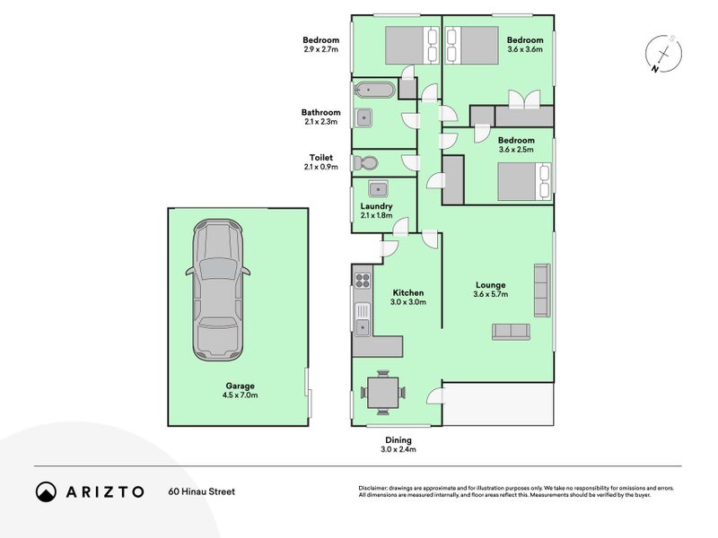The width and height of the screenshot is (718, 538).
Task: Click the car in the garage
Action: point(217,290)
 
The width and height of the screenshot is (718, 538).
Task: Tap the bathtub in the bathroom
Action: point(374,90)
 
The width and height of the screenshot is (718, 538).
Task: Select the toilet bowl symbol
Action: point(365,162)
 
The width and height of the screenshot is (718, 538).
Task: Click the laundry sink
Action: point(379,188)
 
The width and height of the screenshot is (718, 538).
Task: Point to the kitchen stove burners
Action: point(363,280)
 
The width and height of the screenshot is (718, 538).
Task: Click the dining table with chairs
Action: point(383,393)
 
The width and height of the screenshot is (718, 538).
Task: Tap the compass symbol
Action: point(663,54)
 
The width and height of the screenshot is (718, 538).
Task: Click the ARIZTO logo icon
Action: point(46,491)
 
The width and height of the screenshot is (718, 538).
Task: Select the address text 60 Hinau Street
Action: point(201,491)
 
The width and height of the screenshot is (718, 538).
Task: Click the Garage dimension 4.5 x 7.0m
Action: point(240,395)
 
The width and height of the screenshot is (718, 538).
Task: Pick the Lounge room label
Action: point(490,284)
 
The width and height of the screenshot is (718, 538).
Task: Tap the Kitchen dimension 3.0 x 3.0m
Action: point(408,302)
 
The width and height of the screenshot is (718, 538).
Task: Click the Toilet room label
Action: point(321,158)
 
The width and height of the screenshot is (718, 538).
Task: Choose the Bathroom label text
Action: point(321,112)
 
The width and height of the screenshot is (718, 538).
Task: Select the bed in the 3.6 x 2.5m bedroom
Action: point(524,181)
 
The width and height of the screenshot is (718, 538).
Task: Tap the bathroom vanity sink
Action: point(363,118)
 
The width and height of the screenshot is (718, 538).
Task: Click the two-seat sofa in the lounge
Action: point(511,332)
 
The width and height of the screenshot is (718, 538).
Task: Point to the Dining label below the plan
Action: point(398,440)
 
